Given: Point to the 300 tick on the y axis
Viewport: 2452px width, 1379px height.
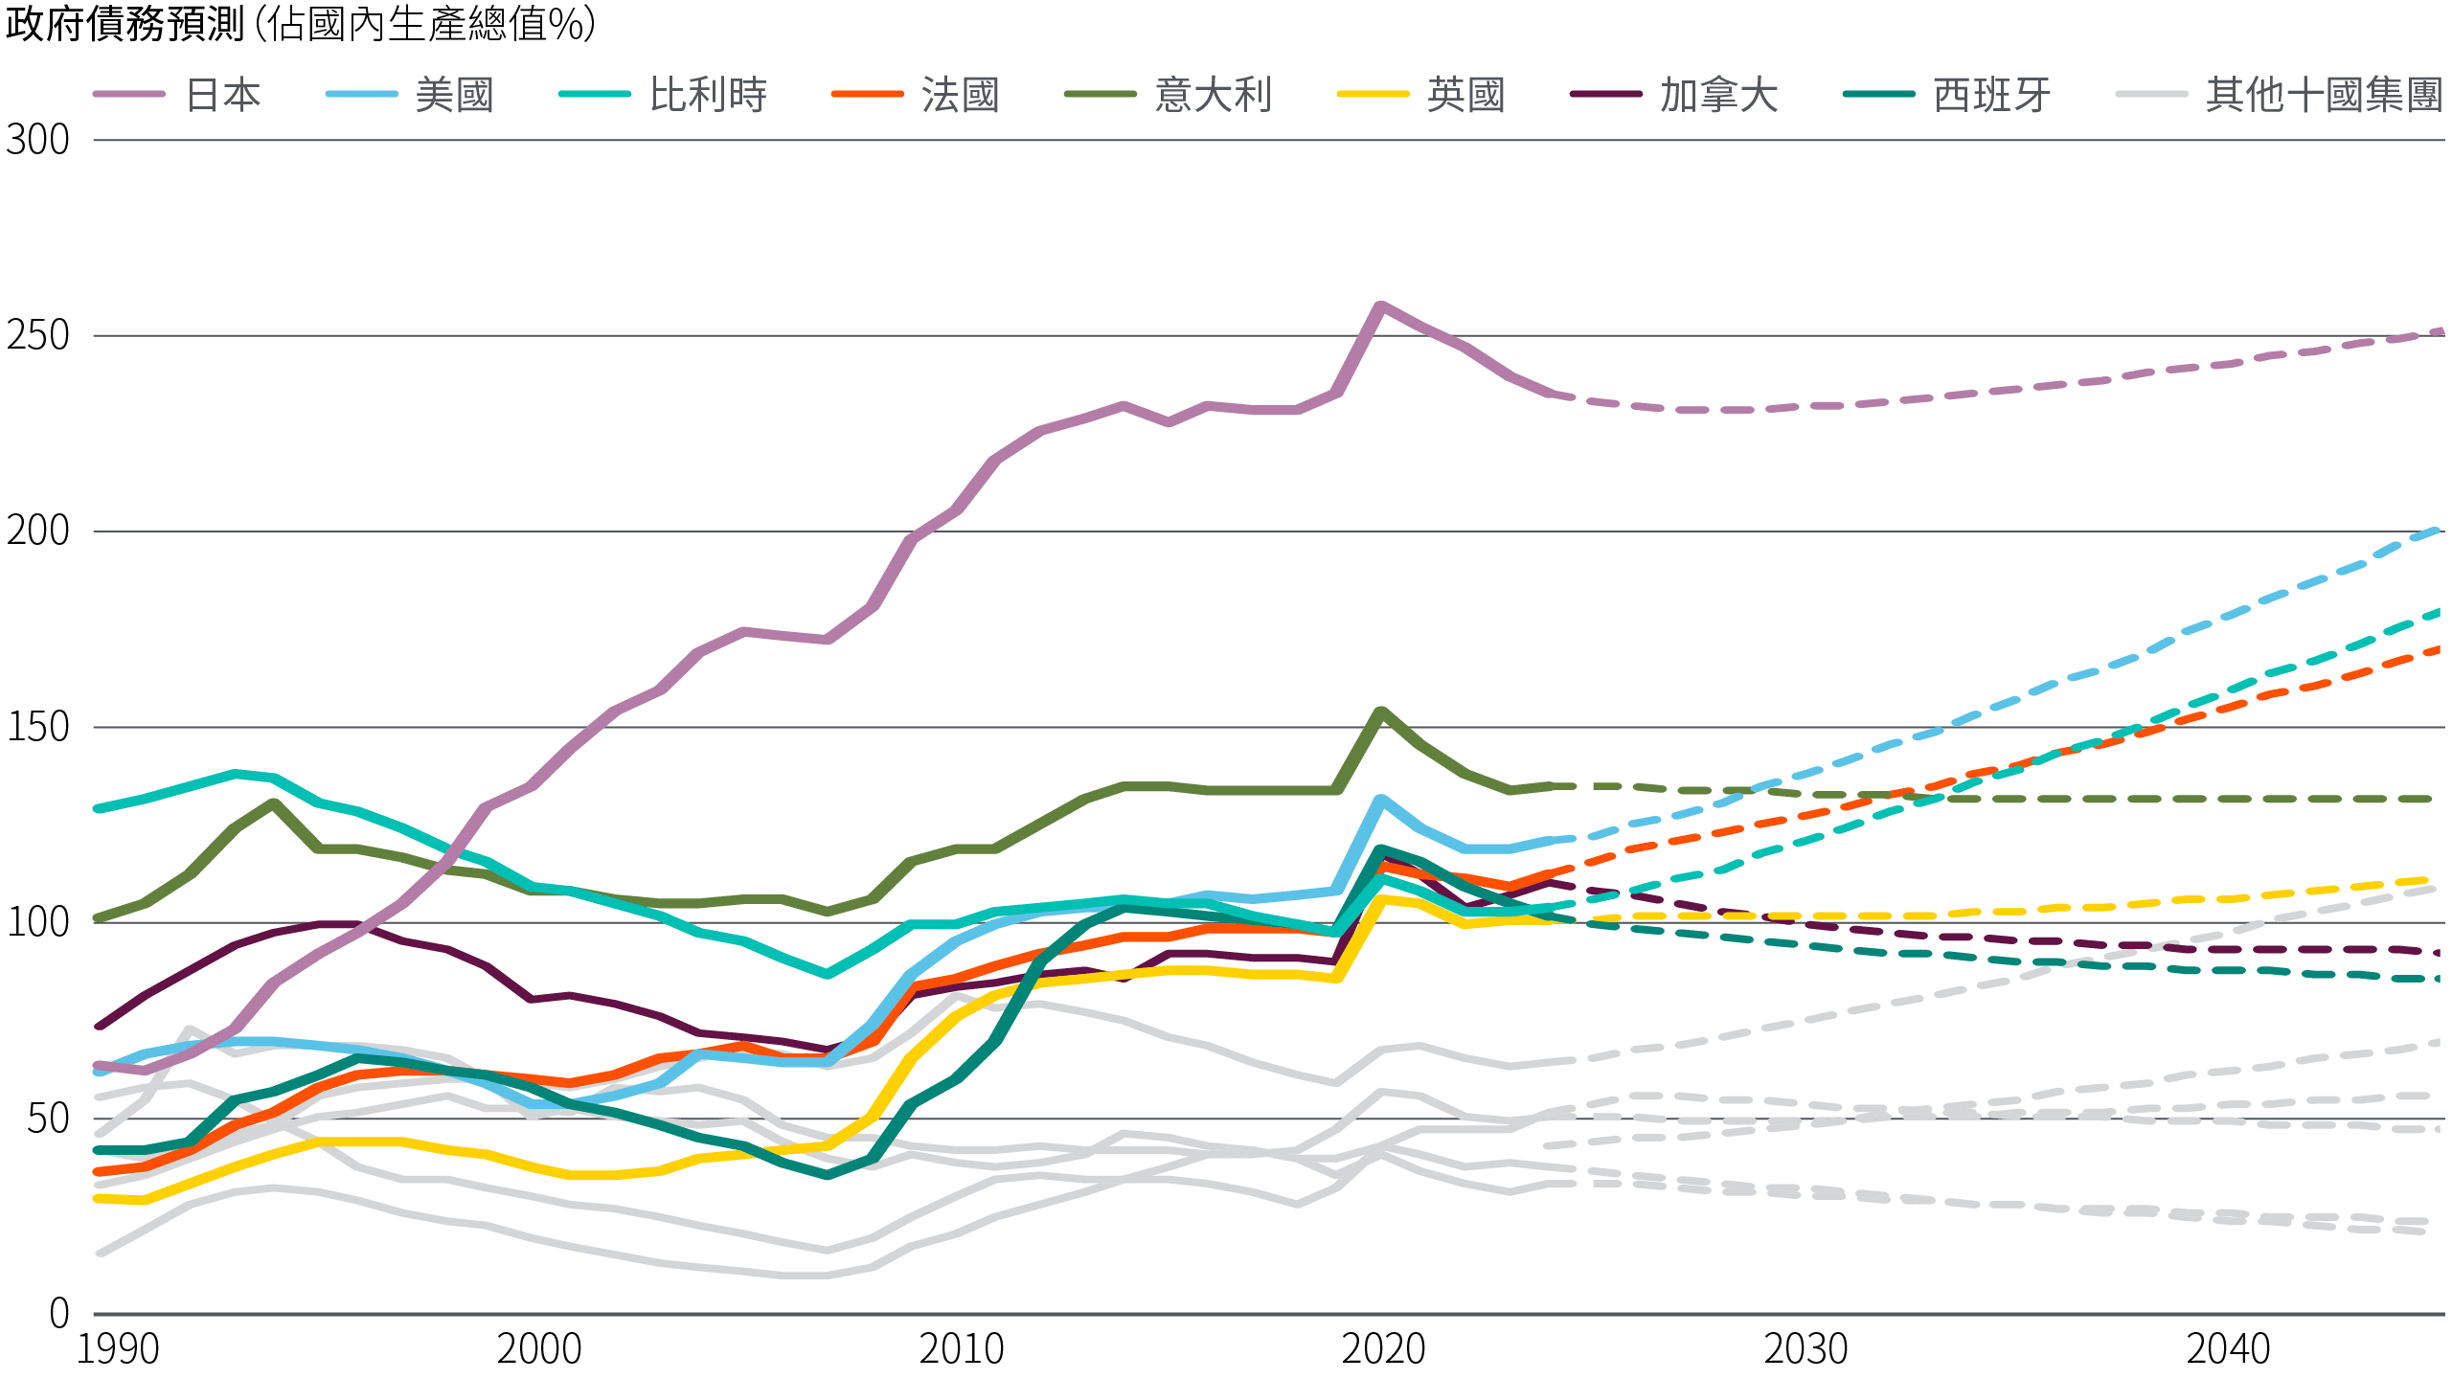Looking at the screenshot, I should pos(38,141).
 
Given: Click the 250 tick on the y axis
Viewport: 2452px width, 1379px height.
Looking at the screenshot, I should pos(38,336).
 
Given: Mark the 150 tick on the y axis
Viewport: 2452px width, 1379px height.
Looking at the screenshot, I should pos(38,728).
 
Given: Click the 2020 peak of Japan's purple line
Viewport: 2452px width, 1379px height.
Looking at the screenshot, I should pos(1380,305).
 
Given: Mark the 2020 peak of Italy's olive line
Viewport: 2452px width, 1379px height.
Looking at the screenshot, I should pos(1380,712).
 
